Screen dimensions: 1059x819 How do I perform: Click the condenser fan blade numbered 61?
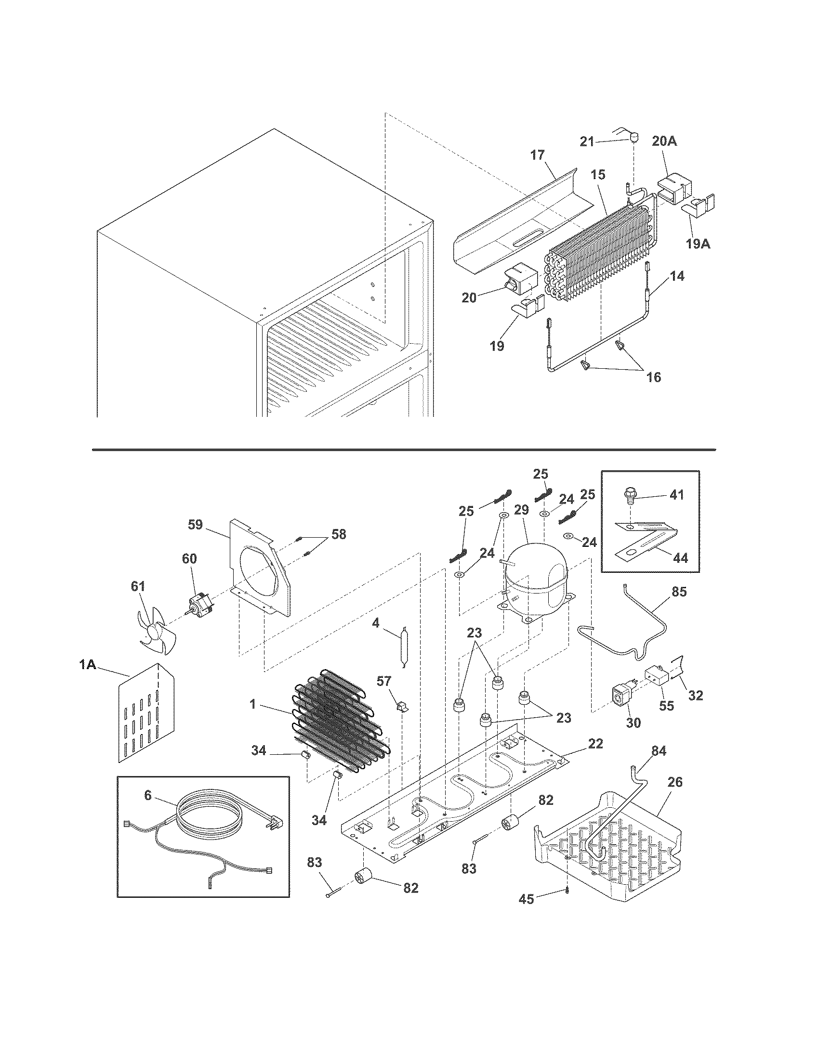coord(154,633)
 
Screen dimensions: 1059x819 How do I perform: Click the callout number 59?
coord(195,525)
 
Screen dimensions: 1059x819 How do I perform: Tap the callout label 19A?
coord(698,244)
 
